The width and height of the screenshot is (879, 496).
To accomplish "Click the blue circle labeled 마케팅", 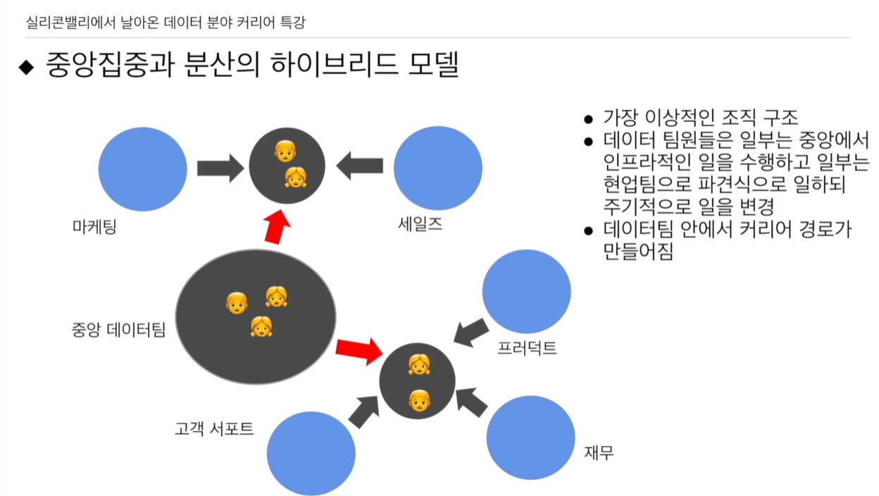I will tap(142, 169).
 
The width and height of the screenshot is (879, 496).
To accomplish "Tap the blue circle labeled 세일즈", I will tap(437, 169).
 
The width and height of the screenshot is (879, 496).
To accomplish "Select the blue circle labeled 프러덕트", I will tap(526, 292).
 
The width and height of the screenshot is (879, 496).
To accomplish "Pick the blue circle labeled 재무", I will tap(530, 438).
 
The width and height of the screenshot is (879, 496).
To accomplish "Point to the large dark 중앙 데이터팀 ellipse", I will tap(256, 317).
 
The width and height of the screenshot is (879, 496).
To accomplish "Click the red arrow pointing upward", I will tap(277, 226).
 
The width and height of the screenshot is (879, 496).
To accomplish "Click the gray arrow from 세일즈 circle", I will tap(360, 167).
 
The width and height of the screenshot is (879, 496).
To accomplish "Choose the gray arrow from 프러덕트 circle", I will tap(471, 332).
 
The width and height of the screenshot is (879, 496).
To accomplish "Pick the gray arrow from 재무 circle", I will tap(472, 402).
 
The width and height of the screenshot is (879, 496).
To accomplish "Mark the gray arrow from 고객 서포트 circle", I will tap(364, 411).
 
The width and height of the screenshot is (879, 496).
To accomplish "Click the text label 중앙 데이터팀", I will tap(118, 329).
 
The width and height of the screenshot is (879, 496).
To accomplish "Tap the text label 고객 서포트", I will tap(214, 428).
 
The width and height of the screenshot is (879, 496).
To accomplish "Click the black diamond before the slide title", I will tap(26, 68).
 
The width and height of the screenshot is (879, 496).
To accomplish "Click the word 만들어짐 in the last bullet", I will tap(638, 252).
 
